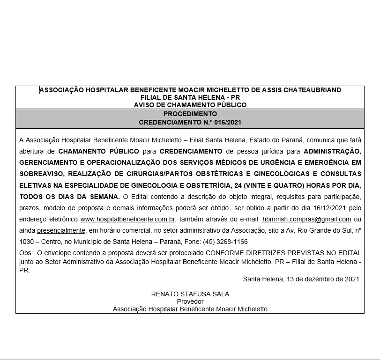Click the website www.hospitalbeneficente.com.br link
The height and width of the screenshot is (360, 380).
[x=128, y=219]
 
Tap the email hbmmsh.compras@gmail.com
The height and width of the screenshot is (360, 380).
[x=307, y=219]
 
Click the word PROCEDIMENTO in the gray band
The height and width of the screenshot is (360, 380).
[x=190, y=114]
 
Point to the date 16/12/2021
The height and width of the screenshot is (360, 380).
[x=332, y=208]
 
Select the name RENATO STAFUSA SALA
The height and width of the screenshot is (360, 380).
[x=190, y=294]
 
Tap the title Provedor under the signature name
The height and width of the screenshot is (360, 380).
[x=190, y=301]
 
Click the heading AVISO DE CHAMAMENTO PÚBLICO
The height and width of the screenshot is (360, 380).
[x=190, y=105]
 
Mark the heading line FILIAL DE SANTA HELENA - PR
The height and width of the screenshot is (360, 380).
[x=190, y=97]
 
